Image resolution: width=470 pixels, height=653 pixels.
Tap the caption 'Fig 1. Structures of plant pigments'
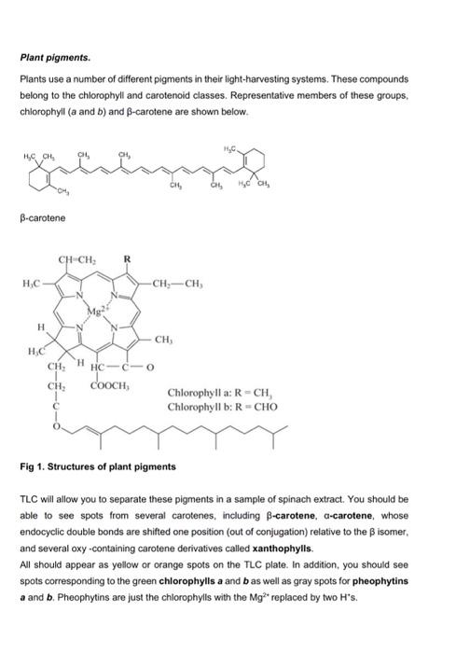[97, 465]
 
